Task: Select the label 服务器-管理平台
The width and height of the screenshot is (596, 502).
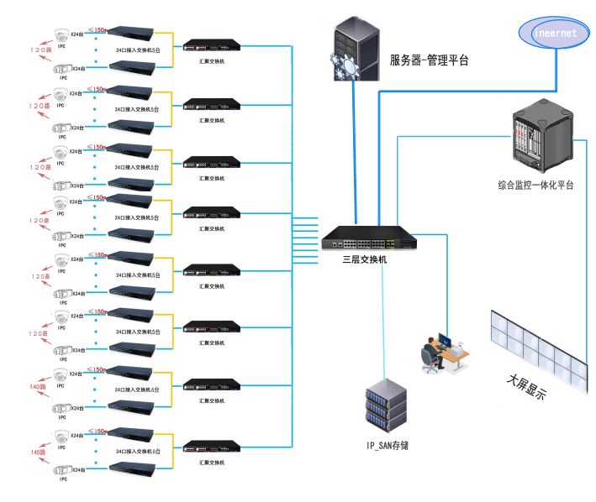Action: pos(429,60)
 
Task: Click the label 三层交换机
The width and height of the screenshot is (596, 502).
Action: pos(365,259)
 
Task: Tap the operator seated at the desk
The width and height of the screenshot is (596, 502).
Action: pos(432,352)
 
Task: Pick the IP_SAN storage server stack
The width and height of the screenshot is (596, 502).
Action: pos(386,407)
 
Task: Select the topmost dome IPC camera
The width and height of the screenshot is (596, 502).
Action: pos(61,34)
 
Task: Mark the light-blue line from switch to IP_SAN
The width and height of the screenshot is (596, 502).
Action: pos(383,319)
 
